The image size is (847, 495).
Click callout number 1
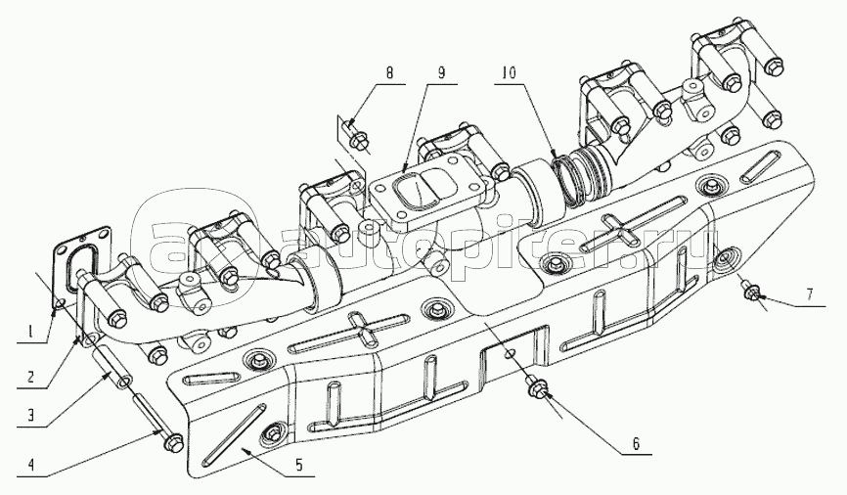(30, 332)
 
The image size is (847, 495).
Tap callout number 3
(31, 415)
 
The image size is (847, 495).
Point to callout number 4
(31, 465)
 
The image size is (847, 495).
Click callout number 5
(299, 464)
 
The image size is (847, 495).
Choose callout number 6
(636, 444)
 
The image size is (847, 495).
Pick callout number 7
(810, 294)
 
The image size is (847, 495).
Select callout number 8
(390, 72)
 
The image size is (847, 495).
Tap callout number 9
(441, 72)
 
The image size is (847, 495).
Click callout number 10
(509, 72)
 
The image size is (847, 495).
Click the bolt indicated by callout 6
(536, 387)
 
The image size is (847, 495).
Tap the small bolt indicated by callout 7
(750, 290)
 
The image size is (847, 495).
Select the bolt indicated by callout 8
(356, 138)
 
